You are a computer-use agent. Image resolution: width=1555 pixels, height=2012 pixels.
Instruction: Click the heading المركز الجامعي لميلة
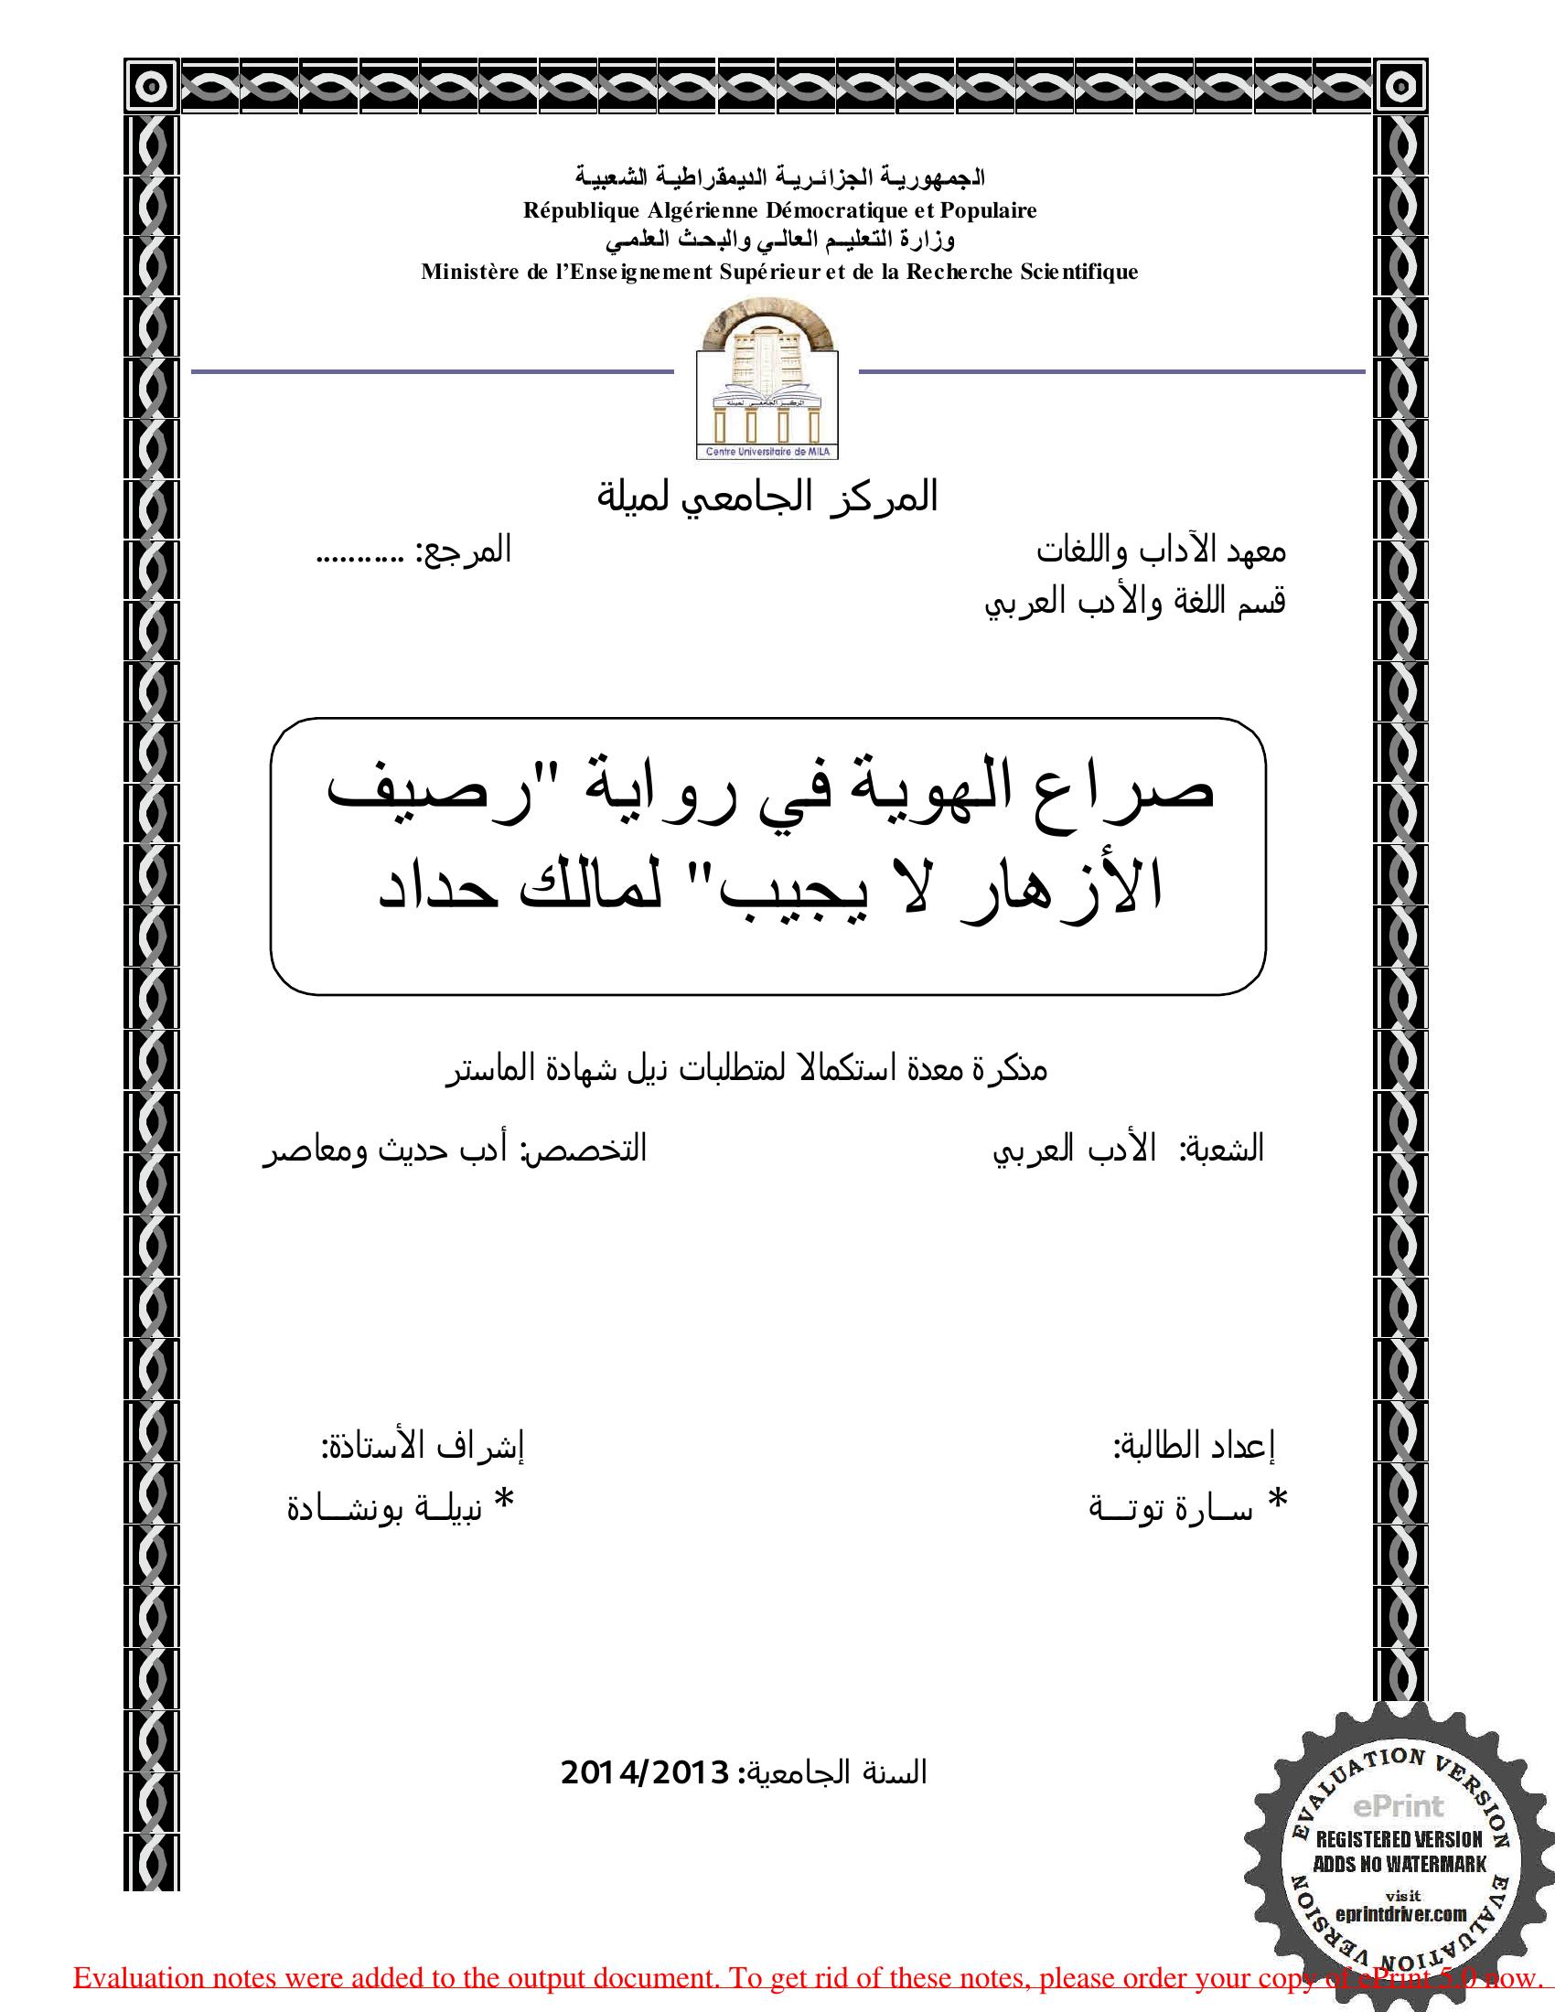tap(767, 498)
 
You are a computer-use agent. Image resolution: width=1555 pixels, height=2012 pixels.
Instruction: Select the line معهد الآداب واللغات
tap(1161, 551)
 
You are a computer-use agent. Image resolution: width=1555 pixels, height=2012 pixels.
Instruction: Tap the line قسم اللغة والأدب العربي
tap(1135, 602)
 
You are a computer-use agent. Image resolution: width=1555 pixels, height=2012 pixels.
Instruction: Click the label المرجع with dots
tap(413, 551)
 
